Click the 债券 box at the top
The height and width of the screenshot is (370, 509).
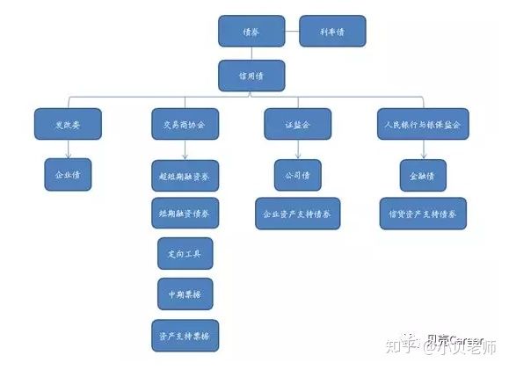click(x=251, y=33)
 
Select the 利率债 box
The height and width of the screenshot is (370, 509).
click(x=331, y=32)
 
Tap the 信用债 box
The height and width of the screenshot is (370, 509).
click(x=251, y=74)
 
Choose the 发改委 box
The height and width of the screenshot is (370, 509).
click(x=68, y=125)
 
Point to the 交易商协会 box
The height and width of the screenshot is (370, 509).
click(x=185, y=125)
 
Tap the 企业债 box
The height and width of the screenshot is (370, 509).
click(x=68, y=174)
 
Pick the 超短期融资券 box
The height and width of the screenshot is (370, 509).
click(x=185, y=175)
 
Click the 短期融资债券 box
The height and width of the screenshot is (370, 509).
click(x=185, y=213)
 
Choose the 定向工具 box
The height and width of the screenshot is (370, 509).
click(x=185, y=253)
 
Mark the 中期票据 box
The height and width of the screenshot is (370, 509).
click(x=185, y=293)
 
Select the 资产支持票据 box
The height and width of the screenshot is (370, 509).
click(x=185, y=334)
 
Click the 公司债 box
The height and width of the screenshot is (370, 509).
click(x=297, y=174)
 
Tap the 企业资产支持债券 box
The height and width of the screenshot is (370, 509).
click(x=297, y=213)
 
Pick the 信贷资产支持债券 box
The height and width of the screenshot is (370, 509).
click(x=422, y=213)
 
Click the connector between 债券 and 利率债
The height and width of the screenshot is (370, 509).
click(x=292, y=33)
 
